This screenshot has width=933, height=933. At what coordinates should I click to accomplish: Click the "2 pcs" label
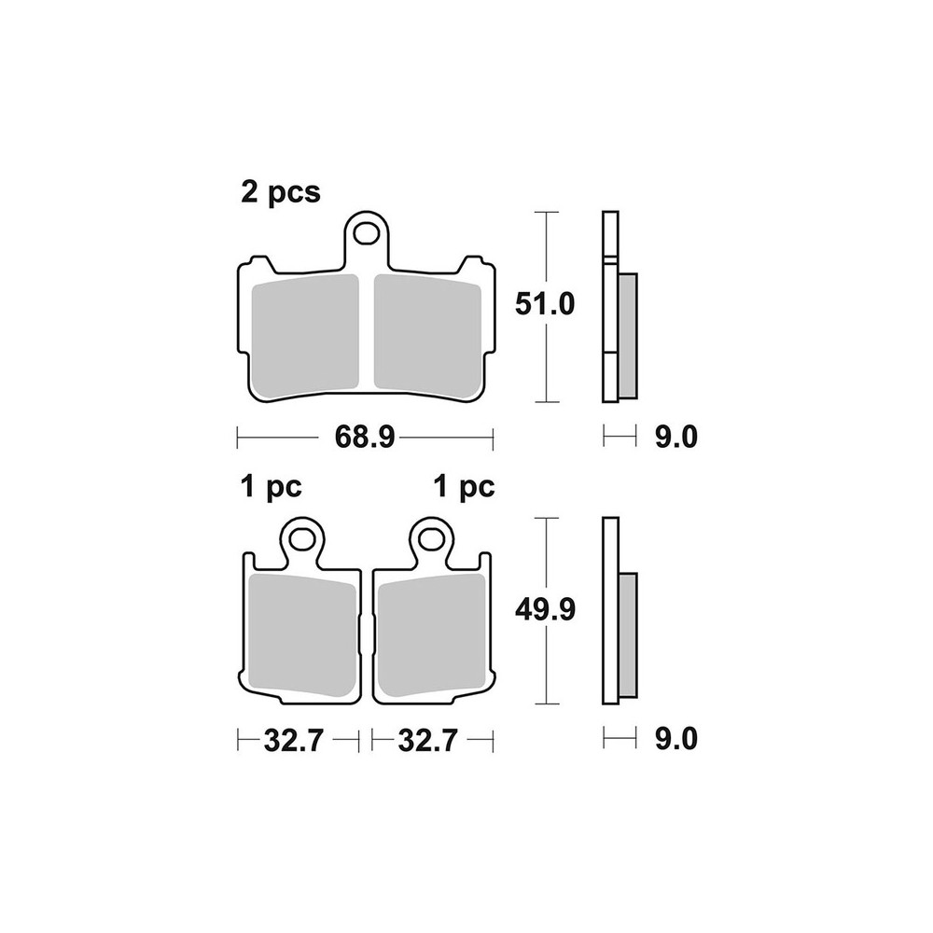tap(280, 193)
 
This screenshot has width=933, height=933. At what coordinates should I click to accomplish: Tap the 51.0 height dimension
tap(545, 305)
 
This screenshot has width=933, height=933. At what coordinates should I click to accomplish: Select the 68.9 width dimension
tap(365, 438)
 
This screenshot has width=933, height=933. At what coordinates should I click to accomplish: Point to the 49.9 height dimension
tap(545, 610)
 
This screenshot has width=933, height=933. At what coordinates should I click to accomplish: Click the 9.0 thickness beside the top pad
tap(675, 438)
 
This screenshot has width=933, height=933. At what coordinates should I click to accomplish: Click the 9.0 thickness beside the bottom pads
tap(675, 739)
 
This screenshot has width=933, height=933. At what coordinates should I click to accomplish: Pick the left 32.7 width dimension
tap(293, 741)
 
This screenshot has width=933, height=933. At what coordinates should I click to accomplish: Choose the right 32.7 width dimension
tap(428, 741)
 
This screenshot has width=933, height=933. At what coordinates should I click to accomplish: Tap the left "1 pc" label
tap(272, 487)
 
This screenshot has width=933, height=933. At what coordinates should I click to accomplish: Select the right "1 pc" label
tap(465, 487)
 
